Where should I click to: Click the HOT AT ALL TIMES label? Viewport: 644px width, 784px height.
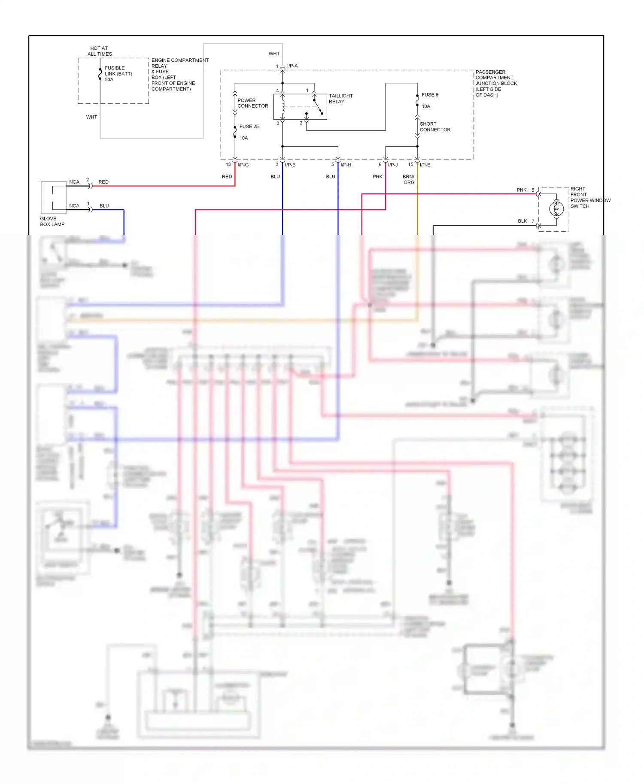pos(100,51)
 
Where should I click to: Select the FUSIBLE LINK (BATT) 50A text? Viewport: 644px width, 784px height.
pos(118,74)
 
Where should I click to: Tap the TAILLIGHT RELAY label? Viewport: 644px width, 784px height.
pos(340,99)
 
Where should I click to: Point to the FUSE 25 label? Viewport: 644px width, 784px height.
pos(249,127)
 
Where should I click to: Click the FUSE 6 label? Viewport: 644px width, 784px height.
pos(430,95)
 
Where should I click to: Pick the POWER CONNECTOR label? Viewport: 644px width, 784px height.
pos(252,103)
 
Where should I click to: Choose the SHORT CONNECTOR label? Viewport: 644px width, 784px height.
pos(434,127)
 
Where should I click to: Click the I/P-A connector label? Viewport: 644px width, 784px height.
pos(292,66)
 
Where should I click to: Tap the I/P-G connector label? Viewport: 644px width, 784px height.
pos(243,165)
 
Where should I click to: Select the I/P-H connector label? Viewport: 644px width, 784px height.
pos(346,165)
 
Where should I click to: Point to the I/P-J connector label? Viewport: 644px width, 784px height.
pos(392,165)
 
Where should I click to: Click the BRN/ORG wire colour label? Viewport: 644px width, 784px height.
pos(409,179)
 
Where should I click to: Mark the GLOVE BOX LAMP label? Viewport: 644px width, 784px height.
pos(52,221)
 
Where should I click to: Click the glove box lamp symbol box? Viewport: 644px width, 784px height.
pos(53,197)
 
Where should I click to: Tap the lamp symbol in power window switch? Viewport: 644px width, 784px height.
pos(556,209)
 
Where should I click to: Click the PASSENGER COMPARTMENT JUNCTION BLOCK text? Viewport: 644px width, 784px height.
pos(496,83)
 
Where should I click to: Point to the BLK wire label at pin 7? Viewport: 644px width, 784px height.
pos(522,221)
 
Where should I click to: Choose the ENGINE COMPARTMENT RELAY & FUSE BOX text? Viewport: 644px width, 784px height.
pos(179,75)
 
